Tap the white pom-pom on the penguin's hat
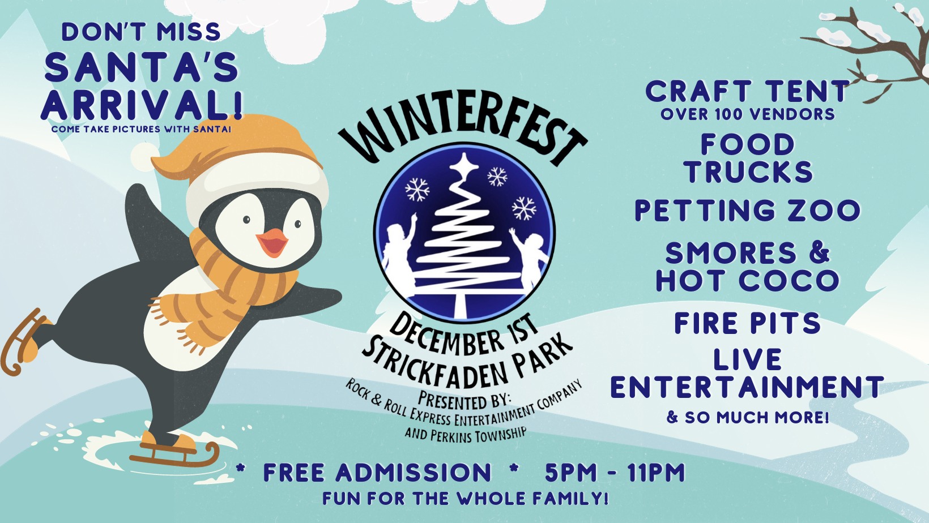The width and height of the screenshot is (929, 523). click(x=145, y=157)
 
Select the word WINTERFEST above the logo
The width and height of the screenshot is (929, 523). click(x=462, y=132)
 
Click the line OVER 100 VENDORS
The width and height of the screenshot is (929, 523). click(x=747, y=114)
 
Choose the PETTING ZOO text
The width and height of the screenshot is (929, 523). click(x=747, y=211)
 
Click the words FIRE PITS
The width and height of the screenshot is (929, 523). click(x=747, y=323)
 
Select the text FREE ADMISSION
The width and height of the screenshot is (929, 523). click(x=377, y=473)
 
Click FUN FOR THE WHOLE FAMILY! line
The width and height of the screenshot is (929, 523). click(x=465, y=499)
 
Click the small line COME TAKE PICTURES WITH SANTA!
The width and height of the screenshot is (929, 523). click(x=142, y=129)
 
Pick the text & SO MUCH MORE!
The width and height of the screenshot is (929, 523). click(x=747, y=417)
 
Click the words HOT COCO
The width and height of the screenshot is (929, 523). click(x=747, y=280)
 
